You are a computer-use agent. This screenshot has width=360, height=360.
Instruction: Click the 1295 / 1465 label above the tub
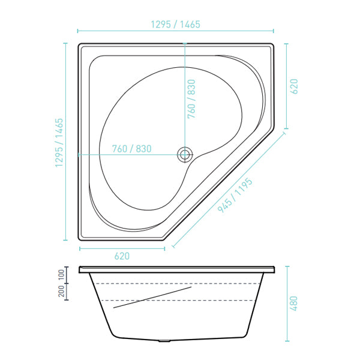click(x=175, y=25)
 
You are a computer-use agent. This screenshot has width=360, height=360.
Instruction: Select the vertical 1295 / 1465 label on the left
click(x=59, y=143)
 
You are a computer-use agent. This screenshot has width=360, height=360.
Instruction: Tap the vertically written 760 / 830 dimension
click(x=191, y=98)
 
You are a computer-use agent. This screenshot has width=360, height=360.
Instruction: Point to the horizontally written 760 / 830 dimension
click(x=131, y=149)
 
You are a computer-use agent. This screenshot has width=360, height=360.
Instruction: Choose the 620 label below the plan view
click(x=121, y=256)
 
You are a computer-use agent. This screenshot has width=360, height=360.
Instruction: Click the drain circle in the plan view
click(x=185, y=155)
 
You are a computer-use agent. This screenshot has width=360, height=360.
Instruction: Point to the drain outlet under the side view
click(x=164, y=340)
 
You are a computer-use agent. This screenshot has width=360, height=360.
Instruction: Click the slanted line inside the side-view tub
click(x=152, y=298)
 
